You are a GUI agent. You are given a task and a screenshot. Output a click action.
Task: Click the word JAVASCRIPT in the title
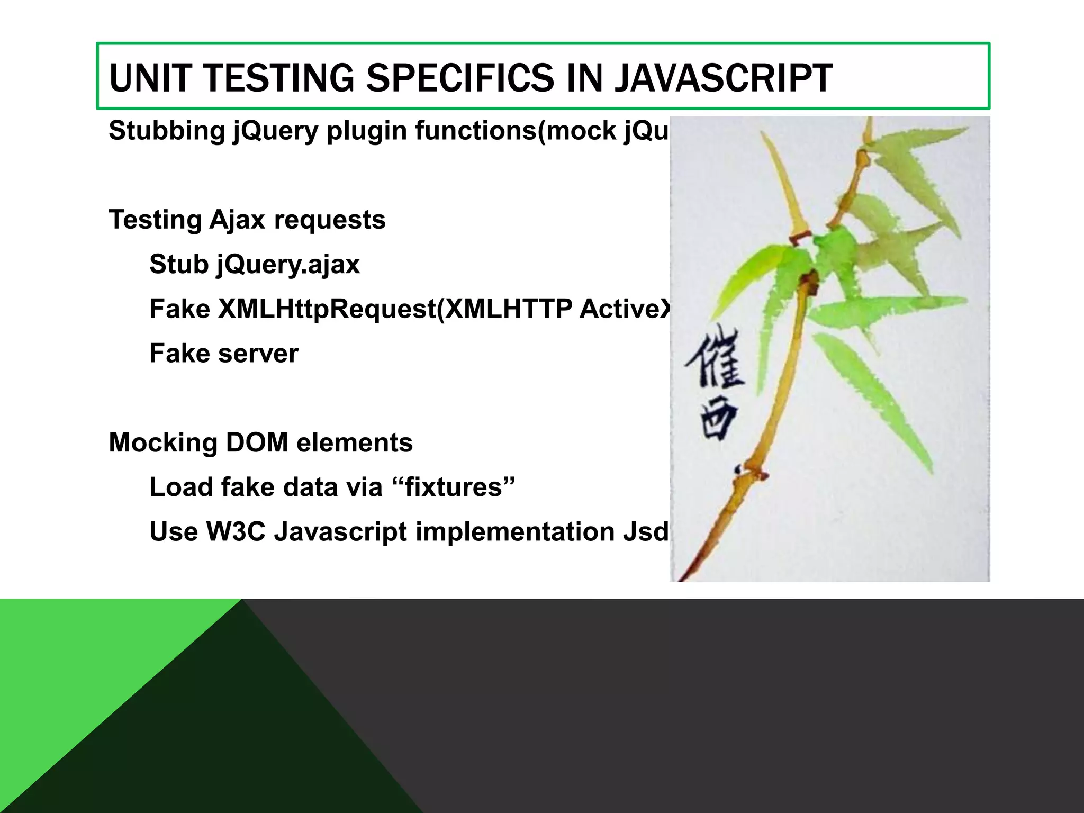point(723,78)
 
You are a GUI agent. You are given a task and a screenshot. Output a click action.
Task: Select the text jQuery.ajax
point(288,265)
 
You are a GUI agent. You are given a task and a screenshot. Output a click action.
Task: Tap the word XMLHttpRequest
point(327,309)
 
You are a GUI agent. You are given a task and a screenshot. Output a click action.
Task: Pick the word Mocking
point(163,443)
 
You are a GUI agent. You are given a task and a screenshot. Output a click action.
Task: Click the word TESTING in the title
point(279,78)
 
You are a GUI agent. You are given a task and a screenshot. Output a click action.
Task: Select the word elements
point(355,442)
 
